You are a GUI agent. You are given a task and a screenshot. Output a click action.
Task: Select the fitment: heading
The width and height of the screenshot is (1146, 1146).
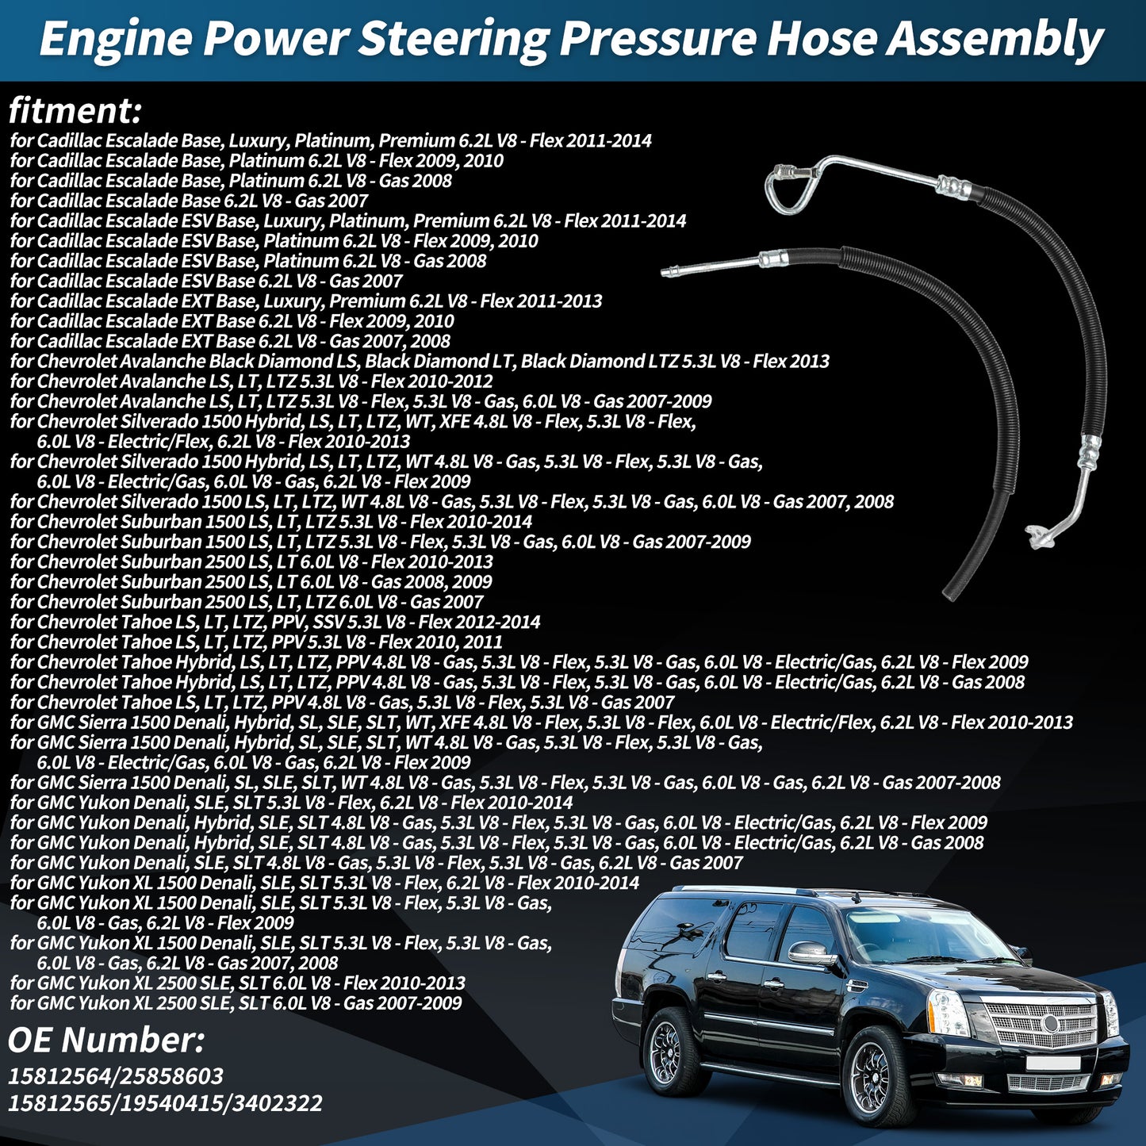coord(75,110)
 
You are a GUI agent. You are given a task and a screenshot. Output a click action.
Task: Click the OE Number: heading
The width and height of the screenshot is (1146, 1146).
coord(105,1041)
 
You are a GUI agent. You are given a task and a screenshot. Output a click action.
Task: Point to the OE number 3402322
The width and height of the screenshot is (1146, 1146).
coord(278,1102)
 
